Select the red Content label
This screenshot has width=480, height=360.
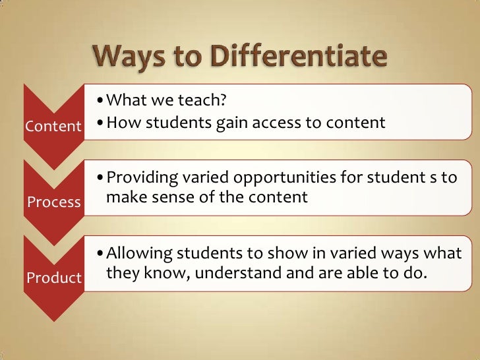53,126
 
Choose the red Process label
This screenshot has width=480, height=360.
53,202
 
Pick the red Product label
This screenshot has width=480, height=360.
53,278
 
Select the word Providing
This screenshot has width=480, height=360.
138,178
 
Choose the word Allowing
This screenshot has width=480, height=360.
136,253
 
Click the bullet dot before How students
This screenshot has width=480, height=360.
99,123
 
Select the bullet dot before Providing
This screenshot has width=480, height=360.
99,179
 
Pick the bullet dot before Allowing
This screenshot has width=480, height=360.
99,254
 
